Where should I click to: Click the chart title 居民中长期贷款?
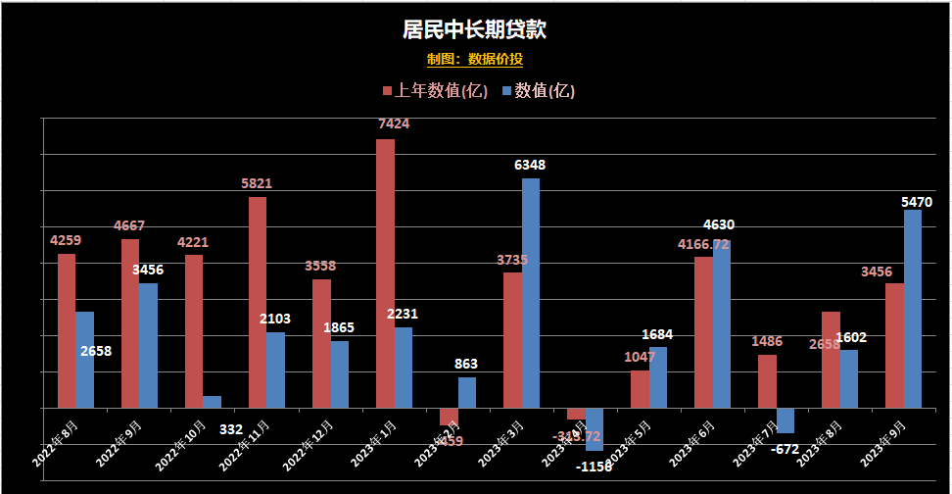(474, 29)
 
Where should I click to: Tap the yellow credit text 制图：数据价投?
(475, 60)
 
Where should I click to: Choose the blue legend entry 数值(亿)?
(538, 91)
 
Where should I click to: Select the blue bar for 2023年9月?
(913, 309)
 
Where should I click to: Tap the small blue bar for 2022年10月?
(213, 402)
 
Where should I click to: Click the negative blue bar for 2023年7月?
(785, 420)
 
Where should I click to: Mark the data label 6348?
(530, 166)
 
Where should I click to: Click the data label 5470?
(917, 202)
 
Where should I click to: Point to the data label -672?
(785, 449)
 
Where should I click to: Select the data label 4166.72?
(703, 244)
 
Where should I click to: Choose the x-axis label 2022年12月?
(309, 441)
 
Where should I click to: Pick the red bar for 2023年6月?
(703, 332)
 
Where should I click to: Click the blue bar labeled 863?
(467, 392)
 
